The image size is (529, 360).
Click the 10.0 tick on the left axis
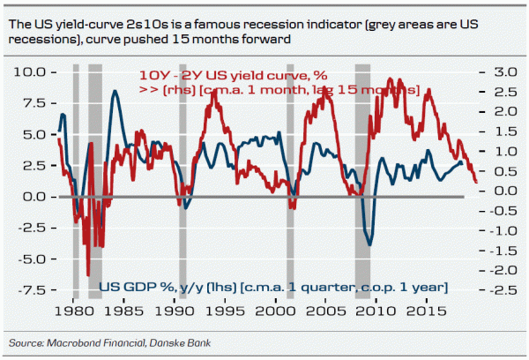(x=34, y=71)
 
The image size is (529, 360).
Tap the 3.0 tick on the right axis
(x=492, y=71)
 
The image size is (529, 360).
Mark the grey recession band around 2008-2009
(x=361, y=176)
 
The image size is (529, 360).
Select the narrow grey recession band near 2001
(x=290, y=176)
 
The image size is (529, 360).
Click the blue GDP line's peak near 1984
(x=115, y=91)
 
